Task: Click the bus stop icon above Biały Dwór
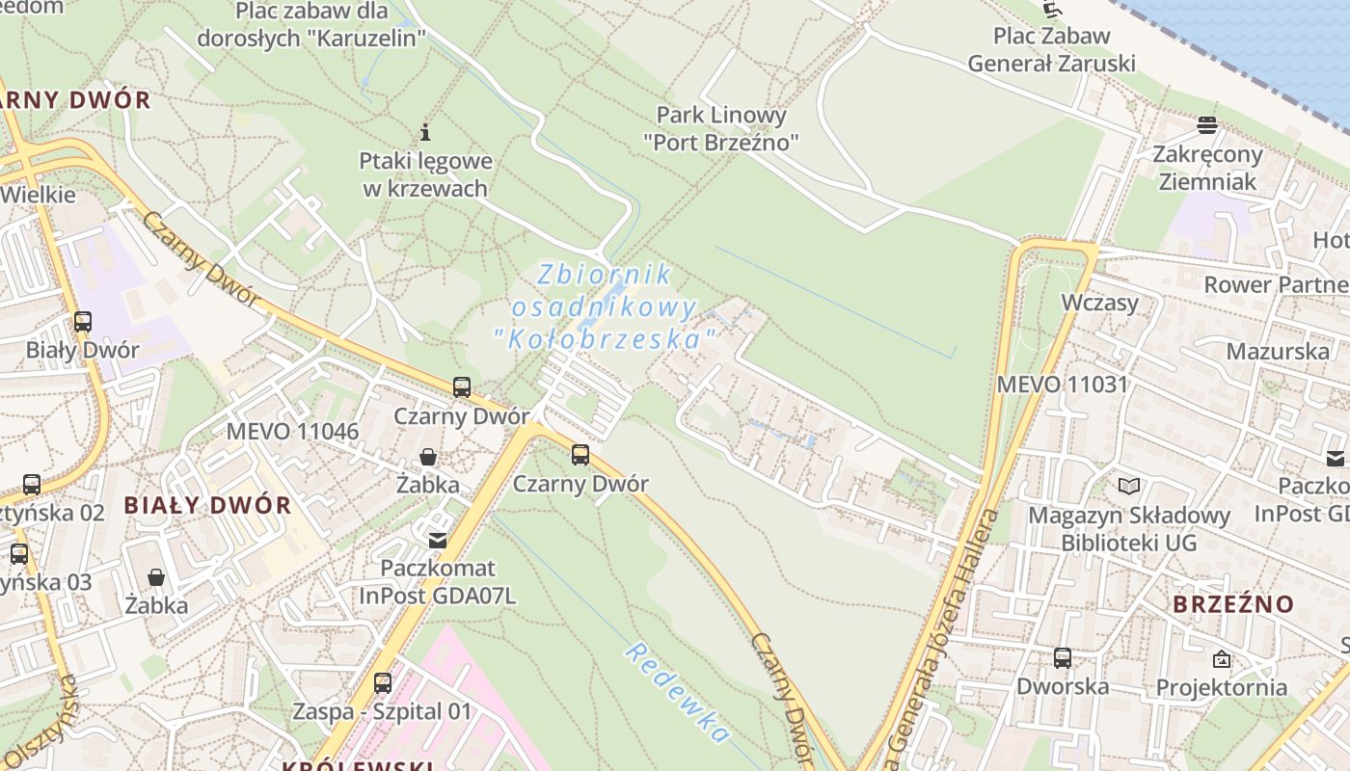83,322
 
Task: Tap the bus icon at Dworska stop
1062,658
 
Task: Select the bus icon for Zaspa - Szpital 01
383,683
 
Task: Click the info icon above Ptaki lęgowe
425,131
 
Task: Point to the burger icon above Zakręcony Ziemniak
1206,125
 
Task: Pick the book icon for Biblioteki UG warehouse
1128,486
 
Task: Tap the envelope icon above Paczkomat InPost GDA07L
438,540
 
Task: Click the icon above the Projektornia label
1222,659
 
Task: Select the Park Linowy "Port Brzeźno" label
721,129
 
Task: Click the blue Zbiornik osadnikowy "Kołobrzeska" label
605,306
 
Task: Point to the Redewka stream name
677,693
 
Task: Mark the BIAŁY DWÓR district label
207,505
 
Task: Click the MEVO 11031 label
1062,385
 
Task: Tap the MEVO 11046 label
292,431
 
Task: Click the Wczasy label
1099,303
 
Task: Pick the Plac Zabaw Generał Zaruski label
1051,50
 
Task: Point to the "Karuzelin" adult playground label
311,25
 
